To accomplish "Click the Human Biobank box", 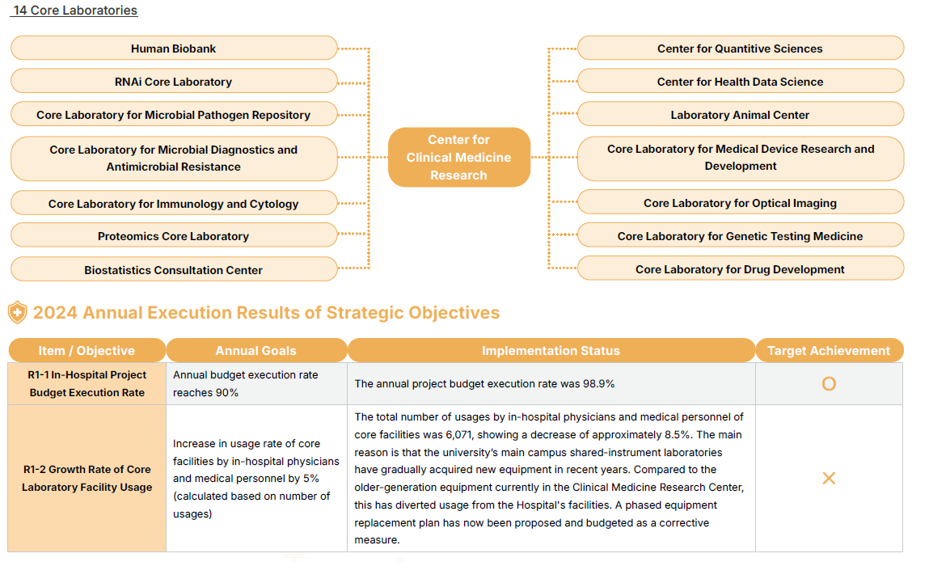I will point(174,49).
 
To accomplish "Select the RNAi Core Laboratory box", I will point(174,82).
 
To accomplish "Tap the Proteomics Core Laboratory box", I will point(174,236).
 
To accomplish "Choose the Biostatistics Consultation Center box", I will point(174,270).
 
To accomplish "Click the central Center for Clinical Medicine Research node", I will point(458,158).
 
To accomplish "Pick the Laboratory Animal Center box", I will point(740,115).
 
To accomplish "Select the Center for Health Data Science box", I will point(740,82).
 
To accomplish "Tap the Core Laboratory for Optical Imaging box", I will point(740,203).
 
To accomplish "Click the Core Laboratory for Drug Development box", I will point(740,269).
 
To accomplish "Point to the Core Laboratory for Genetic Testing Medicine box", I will point(740,236).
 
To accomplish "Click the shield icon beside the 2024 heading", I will point(17,312).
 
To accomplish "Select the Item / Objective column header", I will point(87,351).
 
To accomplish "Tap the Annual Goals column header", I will point(256,351).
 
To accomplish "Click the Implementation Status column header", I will point(551,351).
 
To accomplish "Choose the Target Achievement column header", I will point(829,351).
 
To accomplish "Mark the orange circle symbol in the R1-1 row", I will point(829,384).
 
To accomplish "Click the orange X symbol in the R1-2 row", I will point(829,479).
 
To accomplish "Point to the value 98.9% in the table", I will point(599,384).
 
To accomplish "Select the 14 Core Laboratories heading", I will point(75,11).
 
